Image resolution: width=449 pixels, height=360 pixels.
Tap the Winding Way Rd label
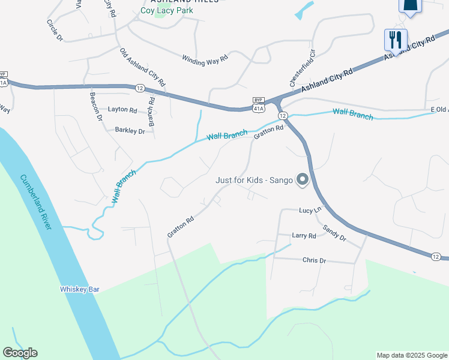click(205, 59)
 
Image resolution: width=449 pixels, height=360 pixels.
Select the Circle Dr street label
click(55, 30)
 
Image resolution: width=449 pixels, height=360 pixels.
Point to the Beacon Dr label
click(95, 106)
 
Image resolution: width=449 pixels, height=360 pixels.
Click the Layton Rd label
click(122, 110)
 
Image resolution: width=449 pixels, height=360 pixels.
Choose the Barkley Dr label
click(130, 130)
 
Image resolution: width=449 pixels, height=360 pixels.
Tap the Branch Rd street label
click(152, 112)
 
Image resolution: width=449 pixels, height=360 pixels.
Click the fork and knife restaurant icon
click(396, 40)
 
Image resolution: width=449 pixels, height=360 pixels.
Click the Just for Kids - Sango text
click(255, 180)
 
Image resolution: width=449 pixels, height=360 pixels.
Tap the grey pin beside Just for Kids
click(303, 179)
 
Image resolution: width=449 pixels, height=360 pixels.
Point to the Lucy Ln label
click(310, 210)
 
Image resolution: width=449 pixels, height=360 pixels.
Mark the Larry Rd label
click(304, 236)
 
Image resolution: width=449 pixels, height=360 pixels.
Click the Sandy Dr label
click(334, 233)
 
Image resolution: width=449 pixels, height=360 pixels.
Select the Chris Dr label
click(314, 260)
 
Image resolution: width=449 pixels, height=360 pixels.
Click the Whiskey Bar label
click(79, 289)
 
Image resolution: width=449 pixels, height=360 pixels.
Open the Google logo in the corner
click(20, 353)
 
